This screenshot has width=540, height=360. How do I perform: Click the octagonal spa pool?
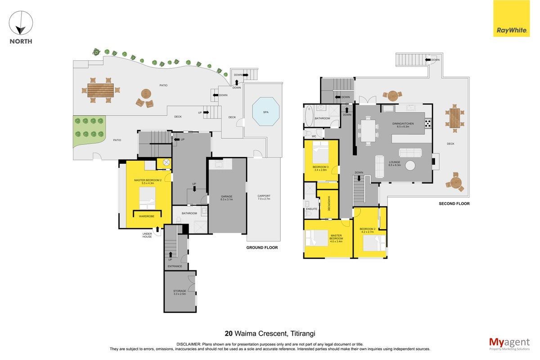click(265, 112)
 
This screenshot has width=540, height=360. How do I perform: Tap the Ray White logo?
click(511, 18)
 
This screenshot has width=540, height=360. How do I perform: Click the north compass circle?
click(21, 23)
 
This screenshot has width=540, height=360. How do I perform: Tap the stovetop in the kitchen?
click(428, 123)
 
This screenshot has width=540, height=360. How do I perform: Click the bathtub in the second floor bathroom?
click(309, 116)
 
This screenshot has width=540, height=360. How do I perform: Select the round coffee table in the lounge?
click(410, 166)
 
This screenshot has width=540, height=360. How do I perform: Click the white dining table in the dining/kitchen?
click(368, 131)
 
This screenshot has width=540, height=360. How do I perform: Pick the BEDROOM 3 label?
click(320, 167)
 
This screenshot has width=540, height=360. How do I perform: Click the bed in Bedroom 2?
click(374, 243)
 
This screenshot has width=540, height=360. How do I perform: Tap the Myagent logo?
click(509, 344)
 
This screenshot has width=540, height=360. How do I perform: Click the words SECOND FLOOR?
click(454, 203)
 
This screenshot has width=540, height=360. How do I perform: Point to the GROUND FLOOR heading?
click(262, 247)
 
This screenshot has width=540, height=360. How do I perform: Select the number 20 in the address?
click(229, 333)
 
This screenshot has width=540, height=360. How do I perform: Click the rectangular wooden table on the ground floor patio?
click(100, 90)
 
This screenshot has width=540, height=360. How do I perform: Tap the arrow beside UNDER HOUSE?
click(157, 229)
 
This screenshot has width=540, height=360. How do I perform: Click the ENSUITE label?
click(311, 209)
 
